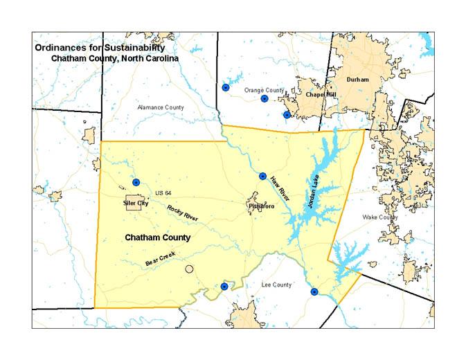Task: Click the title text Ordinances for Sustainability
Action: click(x=100, y=48)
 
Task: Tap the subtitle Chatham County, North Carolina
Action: click(x=115, y=59)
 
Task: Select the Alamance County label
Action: click(x=161, y=107)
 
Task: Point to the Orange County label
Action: click(x=265, y=90)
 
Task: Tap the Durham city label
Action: click(x=358, y=80)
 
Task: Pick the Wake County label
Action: click(x=380, y=217)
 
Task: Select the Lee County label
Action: click(x=276, y=285)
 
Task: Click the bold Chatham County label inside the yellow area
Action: click(x=157, y=237)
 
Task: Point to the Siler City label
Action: click(x=136, y=204)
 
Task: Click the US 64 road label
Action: click(x=163, y=192)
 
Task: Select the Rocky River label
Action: click(x=183, y=213)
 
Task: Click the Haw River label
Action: click(x=280, y=190)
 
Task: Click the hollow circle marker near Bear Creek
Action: click(x=189, y=269)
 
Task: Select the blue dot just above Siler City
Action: click(x=136, y=182)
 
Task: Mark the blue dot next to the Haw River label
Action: click(x=262, y=176)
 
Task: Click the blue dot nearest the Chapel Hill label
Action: click(x=287, y=115)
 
